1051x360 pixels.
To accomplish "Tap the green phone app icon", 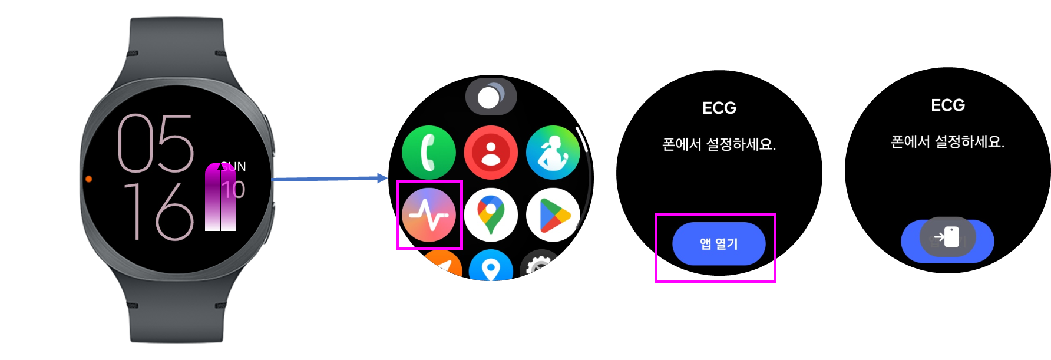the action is [x=429, y=152].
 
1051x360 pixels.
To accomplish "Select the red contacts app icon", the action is [x=491, y=152].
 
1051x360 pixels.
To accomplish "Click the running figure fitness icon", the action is [x=553, y=152].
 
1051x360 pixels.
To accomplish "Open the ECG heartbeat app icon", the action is [x=429, y=215].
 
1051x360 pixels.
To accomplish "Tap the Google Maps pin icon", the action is [x=491, y=215].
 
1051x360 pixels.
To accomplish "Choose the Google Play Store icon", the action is [x=553, y=215].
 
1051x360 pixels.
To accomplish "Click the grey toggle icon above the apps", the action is [x=491, y=97].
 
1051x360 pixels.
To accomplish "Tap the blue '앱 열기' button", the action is [x=719, y=244].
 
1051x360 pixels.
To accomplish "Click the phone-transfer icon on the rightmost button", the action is [x=947, y=237].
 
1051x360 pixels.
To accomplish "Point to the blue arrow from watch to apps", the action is [x=330, y=179].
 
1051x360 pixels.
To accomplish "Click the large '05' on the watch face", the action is [x=156, y=143].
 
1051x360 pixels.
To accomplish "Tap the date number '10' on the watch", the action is [x=234, y=190].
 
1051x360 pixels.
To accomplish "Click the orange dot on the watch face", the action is [x=89, y=179].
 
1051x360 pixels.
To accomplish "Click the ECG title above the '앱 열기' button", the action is [x=719, y=108].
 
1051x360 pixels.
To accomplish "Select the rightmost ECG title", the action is [x=947, y=105].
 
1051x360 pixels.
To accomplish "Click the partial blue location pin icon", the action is [x=491, y=268].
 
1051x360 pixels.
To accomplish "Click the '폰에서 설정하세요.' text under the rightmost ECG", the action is [x=947, y=142].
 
